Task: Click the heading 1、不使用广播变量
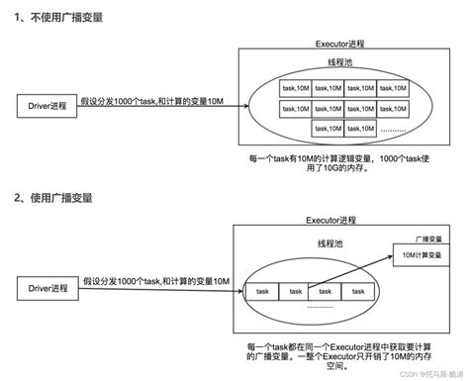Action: click(x=57, y=18)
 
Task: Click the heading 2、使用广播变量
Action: click(x=52, y=197)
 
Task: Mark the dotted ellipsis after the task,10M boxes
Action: click(x=393, y=129)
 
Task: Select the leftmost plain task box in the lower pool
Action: click(x=262, y=291)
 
